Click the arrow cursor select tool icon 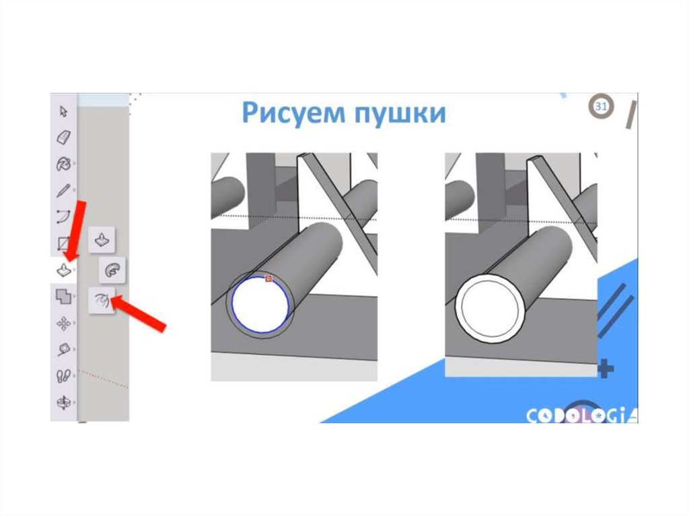pos(64,111)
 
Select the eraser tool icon pos(64,137)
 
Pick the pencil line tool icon pos(64,190)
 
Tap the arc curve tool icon pos(64,217)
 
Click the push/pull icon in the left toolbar pos(64,269)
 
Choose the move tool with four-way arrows pos(64,324)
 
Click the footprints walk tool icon pos(64,376)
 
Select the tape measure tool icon pos(64,350)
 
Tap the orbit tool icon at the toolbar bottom pos(64,402)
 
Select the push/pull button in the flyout pos(102,240)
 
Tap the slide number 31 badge pos(601,106)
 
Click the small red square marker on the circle pos(269,279)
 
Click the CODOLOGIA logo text pos(582,415)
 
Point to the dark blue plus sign pos(606,369)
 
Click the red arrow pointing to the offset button pos(139,314)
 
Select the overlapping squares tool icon pos(64,297)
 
